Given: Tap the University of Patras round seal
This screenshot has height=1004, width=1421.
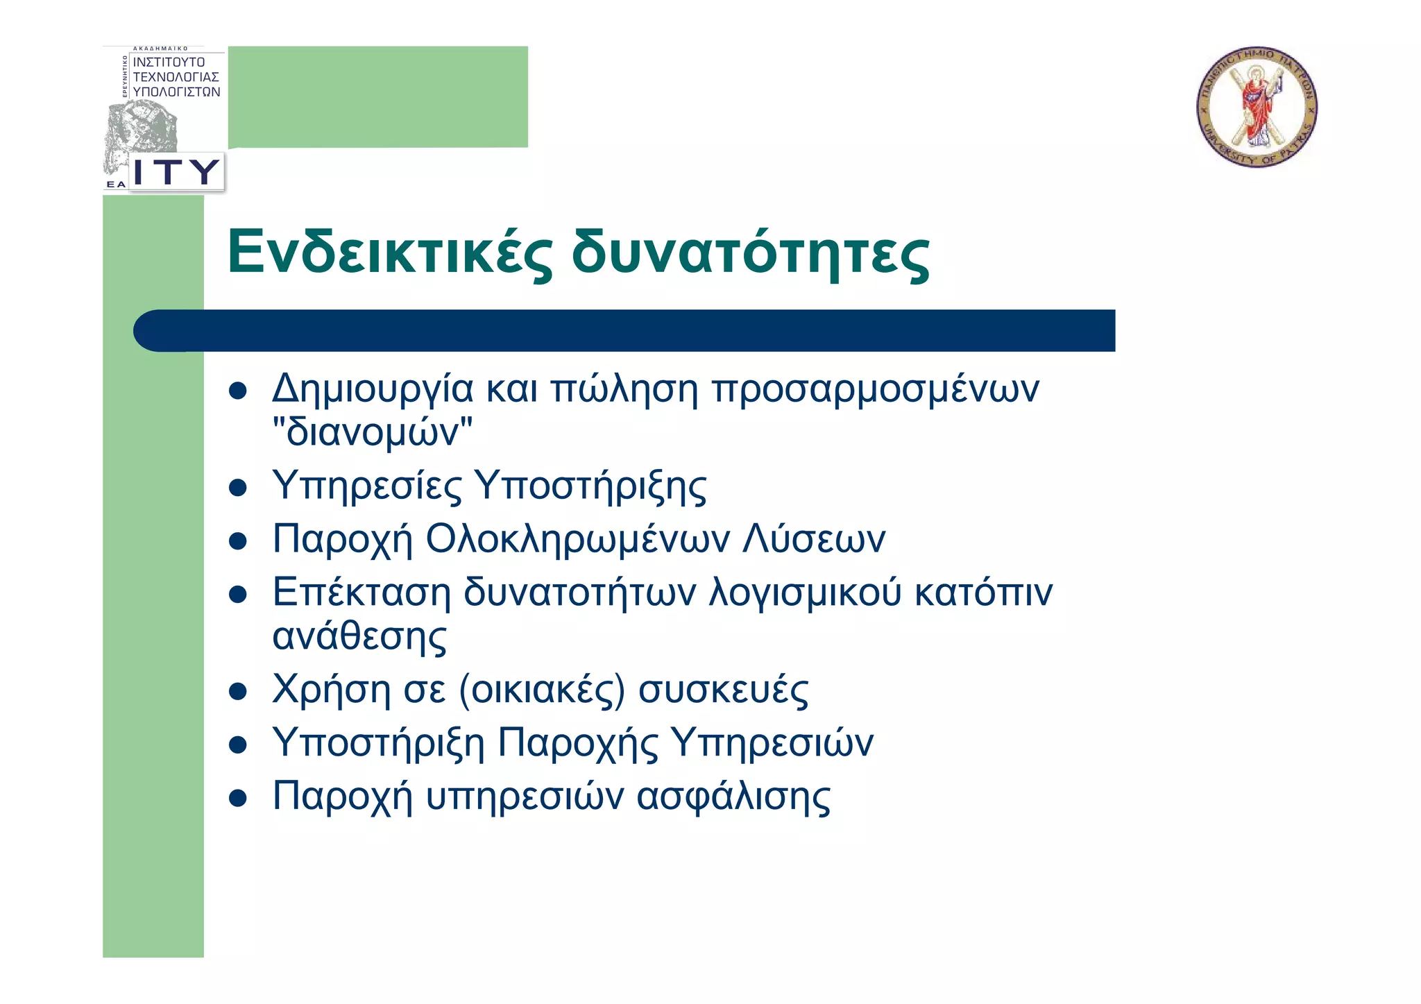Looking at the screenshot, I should (1257, 108).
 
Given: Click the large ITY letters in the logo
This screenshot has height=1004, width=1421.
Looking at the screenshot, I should (176, 171).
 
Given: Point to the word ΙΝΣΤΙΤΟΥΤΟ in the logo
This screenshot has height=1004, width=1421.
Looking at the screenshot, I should (169, 62).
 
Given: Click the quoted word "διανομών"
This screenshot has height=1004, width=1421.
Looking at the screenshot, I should (373, 432).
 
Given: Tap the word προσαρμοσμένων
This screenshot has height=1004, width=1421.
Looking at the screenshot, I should (876, 389).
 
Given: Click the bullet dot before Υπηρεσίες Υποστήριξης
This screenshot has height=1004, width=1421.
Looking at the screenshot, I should (238, 487).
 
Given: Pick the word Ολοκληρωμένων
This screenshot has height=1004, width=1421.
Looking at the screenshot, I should (577, 538).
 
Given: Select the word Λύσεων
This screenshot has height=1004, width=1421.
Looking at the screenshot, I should (814, 538).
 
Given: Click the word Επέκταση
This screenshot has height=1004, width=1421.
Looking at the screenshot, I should (361, 592).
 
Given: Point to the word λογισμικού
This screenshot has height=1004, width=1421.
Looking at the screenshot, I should (804, 592).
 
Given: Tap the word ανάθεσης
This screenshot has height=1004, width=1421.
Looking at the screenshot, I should (359, 636).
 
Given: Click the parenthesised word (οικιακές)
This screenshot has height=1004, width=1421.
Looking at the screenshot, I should (542, 689).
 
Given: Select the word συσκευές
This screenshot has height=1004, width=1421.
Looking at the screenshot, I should (723, 689).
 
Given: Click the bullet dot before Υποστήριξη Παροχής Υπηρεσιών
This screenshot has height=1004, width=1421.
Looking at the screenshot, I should (238, 745).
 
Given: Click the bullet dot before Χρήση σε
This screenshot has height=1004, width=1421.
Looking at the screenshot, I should (238, 692).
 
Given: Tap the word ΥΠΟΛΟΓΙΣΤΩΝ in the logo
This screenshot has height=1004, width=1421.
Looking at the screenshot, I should (176, 92).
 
